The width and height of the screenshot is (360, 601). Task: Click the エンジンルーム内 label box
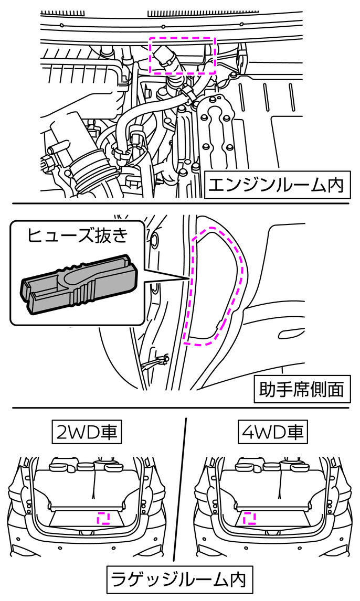point(277,185)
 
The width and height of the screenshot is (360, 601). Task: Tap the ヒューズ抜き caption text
point(77,235)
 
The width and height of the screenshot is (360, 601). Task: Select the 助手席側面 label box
point(302,389)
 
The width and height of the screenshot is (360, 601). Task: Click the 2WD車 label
point(87,433)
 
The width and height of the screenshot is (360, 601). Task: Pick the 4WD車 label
point(272,433)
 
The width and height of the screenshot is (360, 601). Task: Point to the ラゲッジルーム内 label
point(180,579)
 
